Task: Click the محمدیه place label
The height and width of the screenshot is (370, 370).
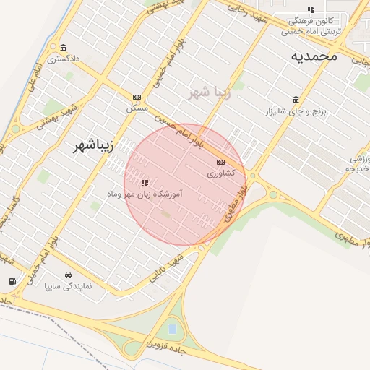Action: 315,55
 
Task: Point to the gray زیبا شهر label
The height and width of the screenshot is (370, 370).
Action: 210,92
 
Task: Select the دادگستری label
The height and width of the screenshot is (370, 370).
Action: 64,59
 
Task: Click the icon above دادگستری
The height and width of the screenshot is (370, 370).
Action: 64,48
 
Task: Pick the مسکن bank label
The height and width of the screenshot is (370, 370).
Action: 137,108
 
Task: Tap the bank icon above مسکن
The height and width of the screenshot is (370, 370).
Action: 137,97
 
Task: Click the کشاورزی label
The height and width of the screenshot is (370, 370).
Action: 220,173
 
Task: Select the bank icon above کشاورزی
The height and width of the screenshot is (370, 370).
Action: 220,162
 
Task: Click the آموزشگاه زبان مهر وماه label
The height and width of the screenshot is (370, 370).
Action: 144,194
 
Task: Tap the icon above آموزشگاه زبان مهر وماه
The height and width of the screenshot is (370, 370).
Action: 145,183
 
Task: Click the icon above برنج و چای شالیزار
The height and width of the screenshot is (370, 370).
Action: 296,100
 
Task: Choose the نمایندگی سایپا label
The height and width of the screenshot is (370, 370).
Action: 69,286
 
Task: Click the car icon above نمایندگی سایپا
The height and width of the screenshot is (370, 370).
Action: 68,275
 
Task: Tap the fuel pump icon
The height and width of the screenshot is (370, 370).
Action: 12,281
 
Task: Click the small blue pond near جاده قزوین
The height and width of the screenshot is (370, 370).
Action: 172,329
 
